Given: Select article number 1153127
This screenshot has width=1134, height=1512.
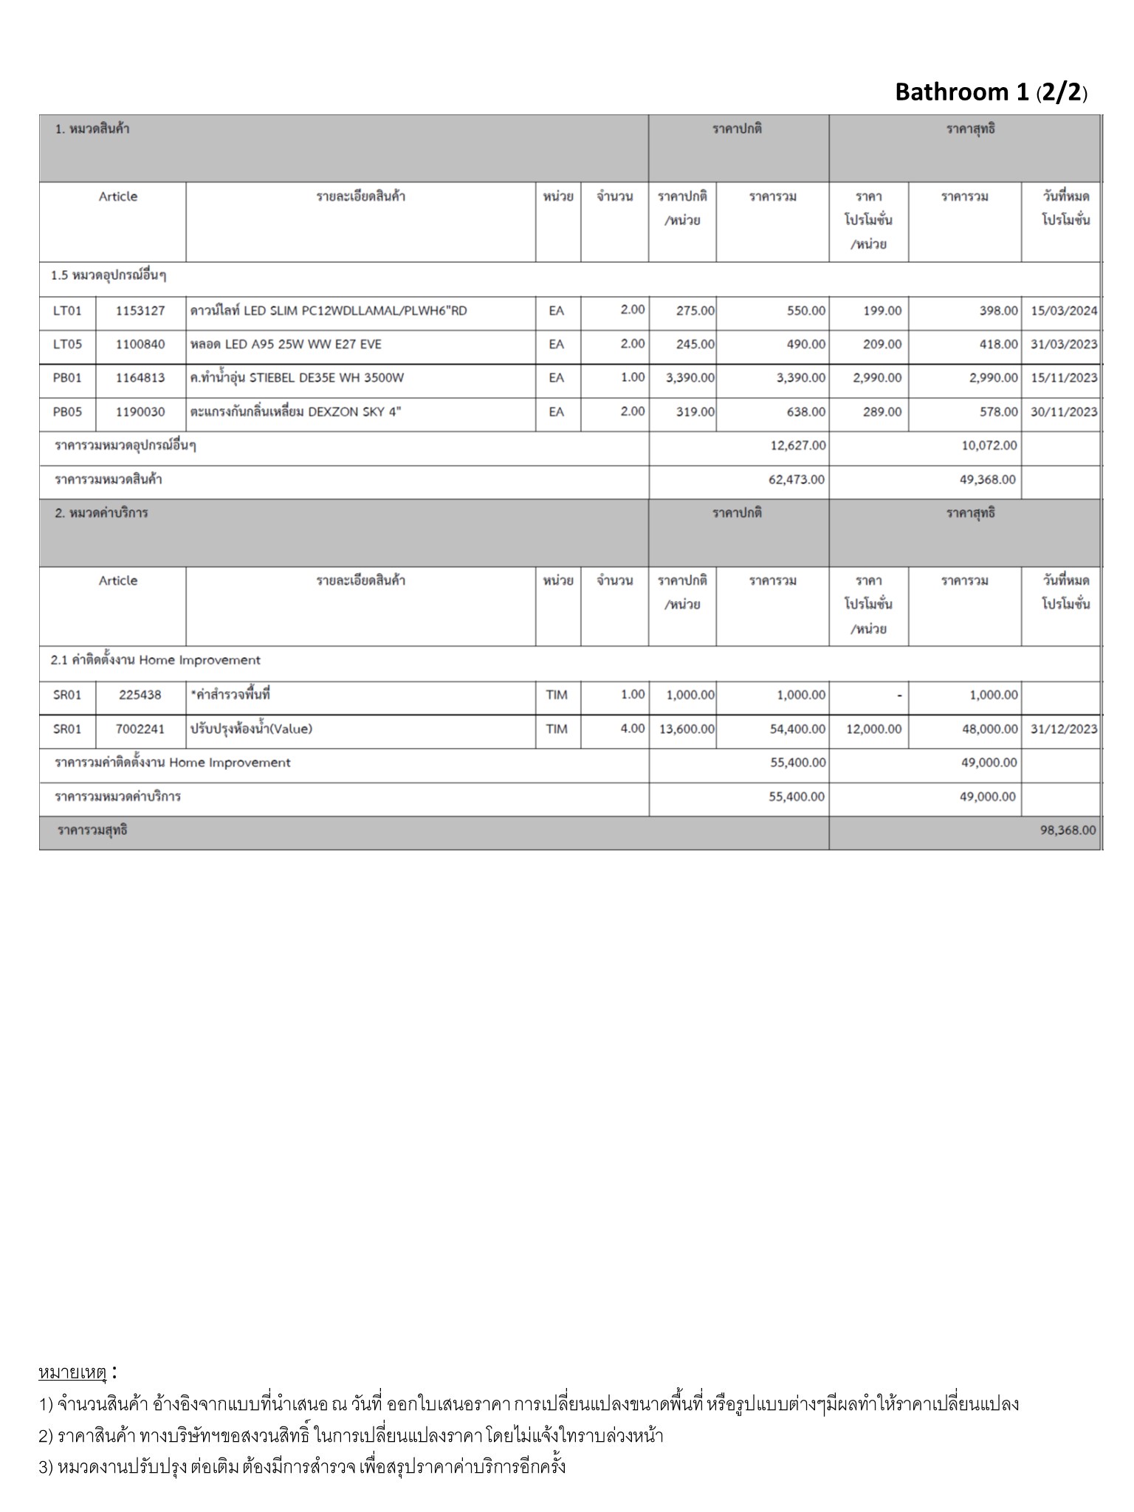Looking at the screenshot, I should (140, 311).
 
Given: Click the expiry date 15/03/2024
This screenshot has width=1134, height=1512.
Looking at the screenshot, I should (1064, 311).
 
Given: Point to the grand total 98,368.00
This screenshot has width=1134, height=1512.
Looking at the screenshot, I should (1068, 831).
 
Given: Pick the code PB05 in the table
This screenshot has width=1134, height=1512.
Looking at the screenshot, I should (67, 412).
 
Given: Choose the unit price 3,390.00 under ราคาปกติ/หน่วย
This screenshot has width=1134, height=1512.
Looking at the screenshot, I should (690, 378).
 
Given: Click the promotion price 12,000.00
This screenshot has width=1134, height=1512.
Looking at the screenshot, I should (873, 729).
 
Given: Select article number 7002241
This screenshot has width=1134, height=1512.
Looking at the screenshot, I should (140, 729).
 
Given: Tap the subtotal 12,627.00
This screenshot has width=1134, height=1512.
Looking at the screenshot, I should (797, 446).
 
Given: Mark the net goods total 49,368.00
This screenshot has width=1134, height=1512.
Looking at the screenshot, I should (987, 480).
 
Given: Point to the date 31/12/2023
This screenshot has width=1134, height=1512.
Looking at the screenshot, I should (1064, 729).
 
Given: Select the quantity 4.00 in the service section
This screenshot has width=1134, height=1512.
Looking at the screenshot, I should (632, 729).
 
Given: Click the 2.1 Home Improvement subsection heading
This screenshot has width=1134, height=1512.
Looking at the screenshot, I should (156, 661).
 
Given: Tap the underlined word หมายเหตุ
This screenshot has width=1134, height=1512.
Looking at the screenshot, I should (73, 1373).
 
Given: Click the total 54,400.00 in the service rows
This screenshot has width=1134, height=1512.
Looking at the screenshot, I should (797, 729).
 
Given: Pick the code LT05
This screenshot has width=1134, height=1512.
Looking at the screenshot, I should (67, 345).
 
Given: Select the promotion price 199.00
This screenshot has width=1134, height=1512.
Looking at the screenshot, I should (882, 311).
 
